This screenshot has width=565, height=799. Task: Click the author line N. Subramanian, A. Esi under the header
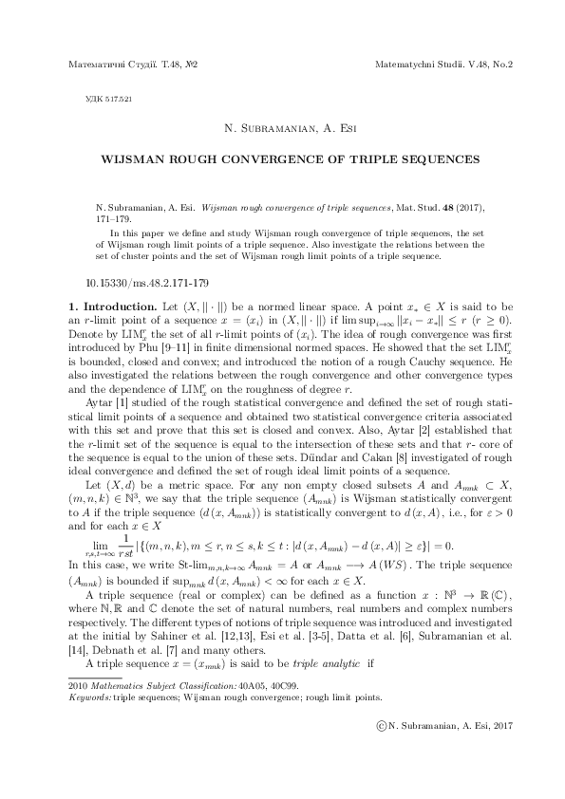(x=281, y=129)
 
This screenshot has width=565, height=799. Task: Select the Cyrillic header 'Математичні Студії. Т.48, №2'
(x=134, y=65)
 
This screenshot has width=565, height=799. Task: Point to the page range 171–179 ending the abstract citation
(x=113, y=215)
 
